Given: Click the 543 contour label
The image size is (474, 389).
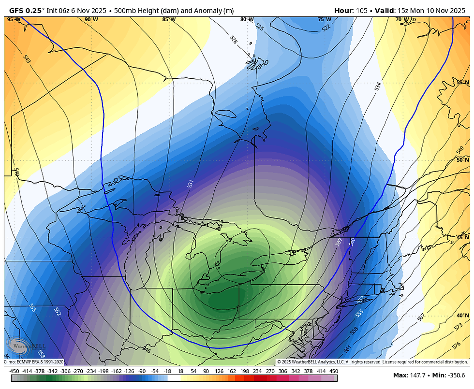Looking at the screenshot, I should pos(27,59).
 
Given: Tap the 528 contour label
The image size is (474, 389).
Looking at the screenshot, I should pos(234,40).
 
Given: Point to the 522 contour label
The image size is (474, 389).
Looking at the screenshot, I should pos(326,29).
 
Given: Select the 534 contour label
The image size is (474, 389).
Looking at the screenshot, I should pos(377,86).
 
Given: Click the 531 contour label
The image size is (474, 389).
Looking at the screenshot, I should pos(191,184).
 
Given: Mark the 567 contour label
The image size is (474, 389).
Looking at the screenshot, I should pos(421,317).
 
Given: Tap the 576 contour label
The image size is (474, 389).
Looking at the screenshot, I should pos(457,346).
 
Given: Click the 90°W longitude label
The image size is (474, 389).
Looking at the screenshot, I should pos(91,19).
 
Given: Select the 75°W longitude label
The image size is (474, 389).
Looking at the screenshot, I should pos(324,19).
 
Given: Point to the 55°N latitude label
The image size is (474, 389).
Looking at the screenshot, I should pos(463,82).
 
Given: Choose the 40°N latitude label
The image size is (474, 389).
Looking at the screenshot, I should pos(463,316).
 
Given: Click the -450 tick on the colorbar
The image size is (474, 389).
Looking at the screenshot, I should pos(15,371).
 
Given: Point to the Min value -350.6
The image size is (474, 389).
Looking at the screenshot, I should pos(455,375).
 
